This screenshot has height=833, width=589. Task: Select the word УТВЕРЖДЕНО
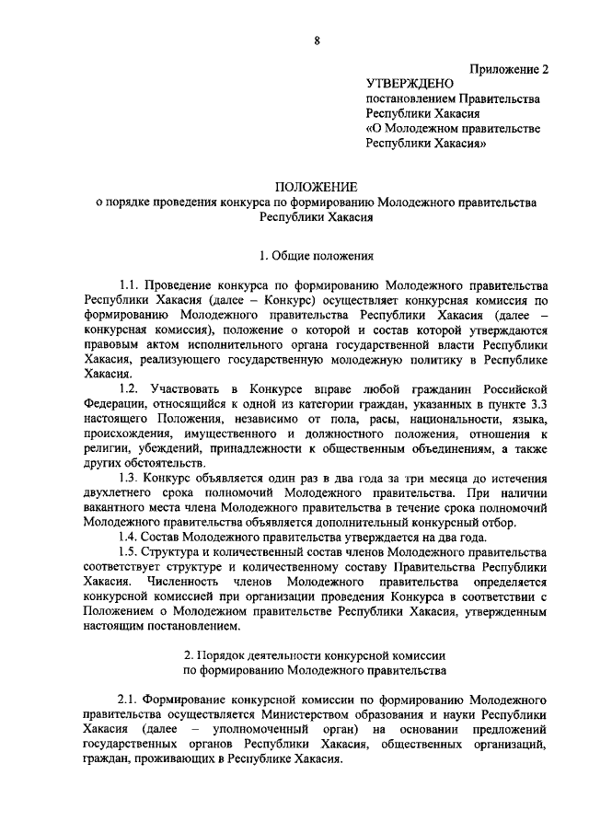pos(410,84)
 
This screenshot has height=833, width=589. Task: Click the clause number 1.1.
pos(130,284)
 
